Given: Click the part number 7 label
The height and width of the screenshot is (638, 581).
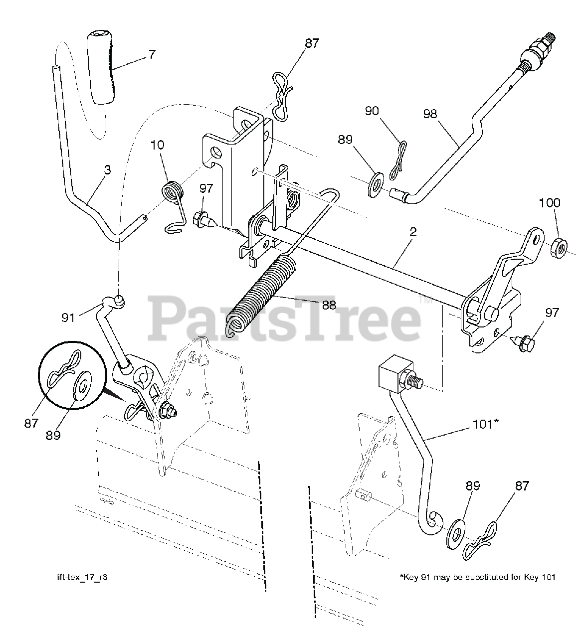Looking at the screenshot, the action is [152, 54].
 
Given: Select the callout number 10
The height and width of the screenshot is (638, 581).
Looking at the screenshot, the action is [157, 145].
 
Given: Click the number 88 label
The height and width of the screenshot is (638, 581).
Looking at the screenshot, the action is [329, 306].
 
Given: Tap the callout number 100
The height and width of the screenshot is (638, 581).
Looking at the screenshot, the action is [550, 202].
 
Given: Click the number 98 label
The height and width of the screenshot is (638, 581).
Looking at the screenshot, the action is [430, 114].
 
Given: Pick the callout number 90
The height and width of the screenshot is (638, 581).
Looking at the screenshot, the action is [372, 111].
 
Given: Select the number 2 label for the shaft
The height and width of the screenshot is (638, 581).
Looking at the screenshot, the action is [413, 232].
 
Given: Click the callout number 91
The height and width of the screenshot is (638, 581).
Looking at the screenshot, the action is [68, 318].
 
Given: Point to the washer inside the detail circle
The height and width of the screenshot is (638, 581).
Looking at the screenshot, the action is [82, 386].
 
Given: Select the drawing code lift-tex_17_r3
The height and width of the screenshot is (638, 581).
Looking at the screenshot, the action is [82, 577].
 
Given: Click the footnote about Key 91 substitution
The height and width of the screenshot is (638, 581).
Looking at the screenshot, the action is [478, 577].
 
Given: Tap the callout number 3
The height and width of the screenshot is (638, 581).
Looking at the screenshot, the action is [107, 170].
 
